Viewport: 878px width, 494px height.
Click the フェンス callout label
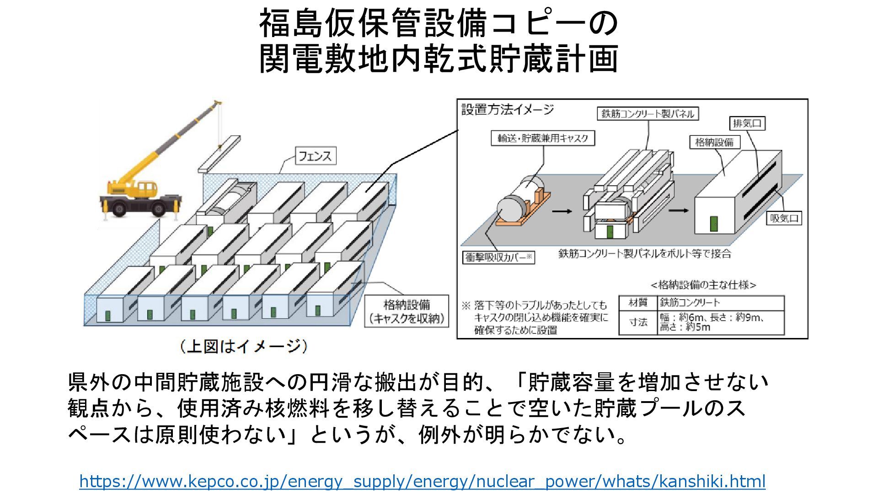tap(315, 156)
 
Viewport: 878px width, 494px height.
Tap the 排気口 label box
tap(747, 123)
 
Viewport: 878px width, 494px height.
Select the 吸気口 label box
tap(784, 218)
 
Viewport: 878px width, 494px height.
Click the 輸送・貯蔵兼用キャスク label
tap(543, 138)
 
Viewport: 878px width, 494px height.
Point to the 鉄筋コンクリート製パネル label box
tap(648, 113)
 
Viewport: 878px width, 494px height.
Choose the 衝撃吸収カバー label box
tap(498, 257)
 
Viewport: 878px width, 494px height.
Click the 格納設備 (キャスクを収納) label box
tap(407, 311)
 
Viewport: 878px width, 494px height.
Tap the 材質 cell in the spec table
tap(638, 302)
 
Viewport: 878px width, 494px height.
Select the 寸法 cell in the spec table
tap(638, 322)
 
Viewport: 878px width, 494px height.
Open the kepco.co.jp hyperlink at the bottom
tap(422, 481)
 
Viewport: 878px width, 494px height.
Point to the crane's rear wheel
tap(158, 209)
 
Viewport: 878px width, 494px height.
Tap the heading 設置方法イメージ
tap(507, 110)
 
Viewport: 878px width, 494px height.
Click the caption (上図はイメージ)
tap(243, 346)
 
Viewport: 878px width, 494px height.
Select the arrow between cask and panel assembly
tap(562, 211)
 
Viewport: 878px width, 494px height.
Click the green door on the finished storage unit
tap(713, 224)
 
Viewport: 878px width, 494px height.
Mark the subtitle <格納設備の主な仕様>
tap(703, 285)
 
